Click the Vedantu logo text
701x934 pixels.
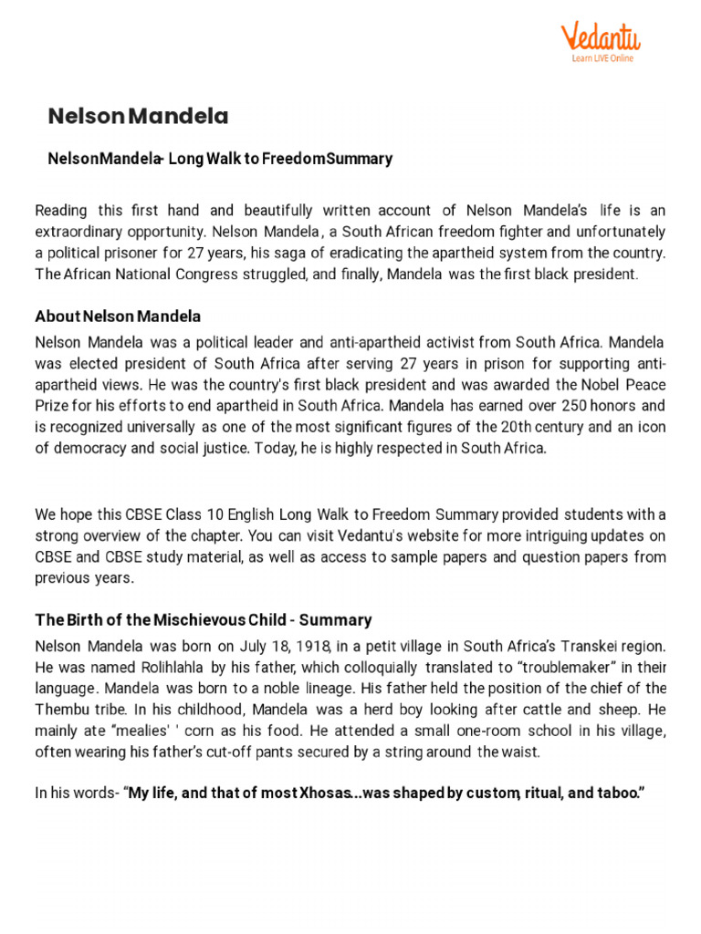[600, 37]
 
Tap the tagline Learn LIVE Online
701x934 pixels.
[602, 58]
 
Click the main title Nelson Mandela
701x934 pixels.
[138, 117]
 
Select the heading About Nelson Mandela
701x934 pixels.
[118, 317]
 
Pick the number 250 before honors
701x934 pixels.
[560, 406]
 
